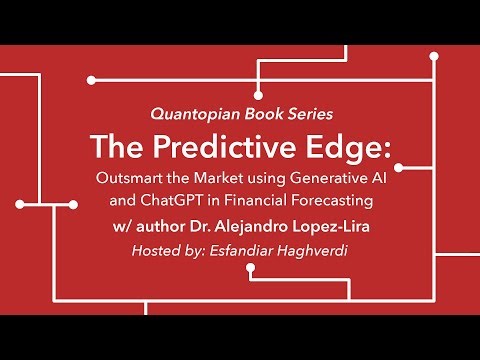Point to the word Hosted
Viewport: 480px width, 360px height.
click(156, 250)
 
